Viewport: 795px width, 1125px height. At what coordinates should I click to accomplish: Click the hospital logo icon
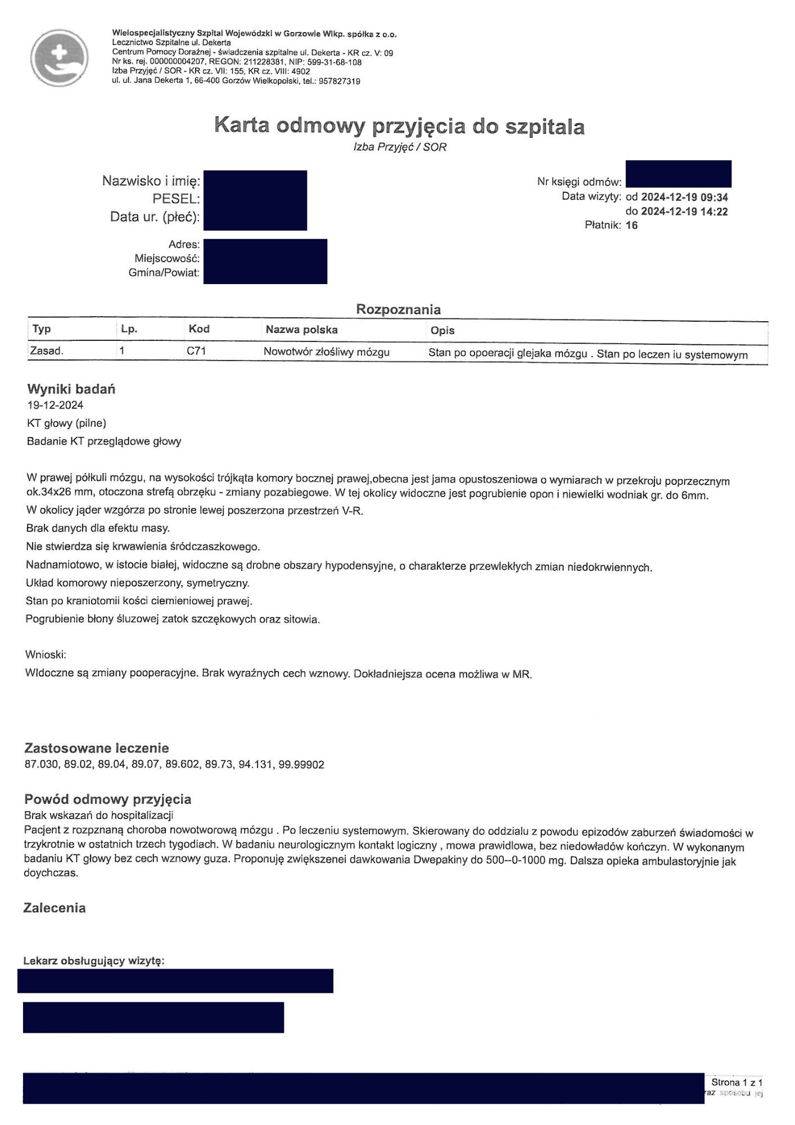pyautogui.click(x=59, y=58)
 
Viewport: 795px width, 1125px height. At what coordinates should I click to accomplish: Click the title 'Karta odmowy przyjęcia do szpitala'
pyautogui.click(x=399, y=125)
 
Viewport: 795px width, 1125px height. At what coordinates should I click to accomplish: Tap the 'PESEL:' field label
pyautogui.click(x=176, y=199)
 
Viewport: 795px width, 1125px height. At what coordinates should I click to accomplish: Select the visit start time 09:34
pyautogui.click(x=714, y=197)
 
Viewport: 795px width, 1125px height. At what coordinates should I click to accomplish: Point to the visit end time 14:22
pyautogui.click(x=714, y=211)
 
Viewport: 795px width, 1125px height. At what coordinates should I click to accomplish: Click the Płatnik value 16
pyautogui.click(x=631, y=226)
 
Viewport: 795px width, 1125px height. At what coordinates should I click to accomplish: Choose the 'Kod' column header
pyautogui.click(x=199, y=329)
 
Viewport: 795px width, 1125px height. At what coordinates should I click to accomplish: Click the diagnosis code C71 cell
pyautogui.click(x=196, y=352)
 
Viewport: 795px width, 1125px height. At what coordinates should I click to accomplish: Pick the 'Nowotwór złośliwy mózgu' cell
pyautogui.click(x=326, y=352)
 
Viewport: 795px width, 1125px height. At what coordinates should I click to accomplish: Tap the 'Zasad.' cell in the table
pyautogui.click(x=47, y=351)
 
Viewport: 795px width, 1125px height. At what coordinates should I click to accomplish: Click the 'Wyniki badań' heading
pyautogui.click(x=71, y=389)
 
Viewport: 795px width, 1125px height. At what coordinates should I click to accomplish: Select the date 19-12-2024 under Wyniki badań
pyautogui.click(x=55, y=405)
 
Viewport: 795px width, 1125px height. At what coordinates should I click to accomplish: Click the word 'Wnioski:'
pyautogui.click(x=46, y=655)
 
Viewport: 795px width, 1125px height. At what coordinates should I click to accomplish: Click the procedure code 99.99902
pyautogui.click(x=301, y=765)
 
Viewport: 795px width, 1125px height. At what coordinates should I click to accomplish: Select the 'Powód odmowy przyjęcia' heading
pyautogui.click(x=107, y=799)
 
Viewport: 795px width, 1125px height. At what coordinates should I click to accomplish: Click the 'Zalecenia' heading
pyautogui.click(x=55, y=908)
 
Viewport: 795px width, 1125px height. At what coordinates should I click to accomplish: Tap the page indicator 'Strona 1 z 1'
pyautogui.click(x=737, y=1082)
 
